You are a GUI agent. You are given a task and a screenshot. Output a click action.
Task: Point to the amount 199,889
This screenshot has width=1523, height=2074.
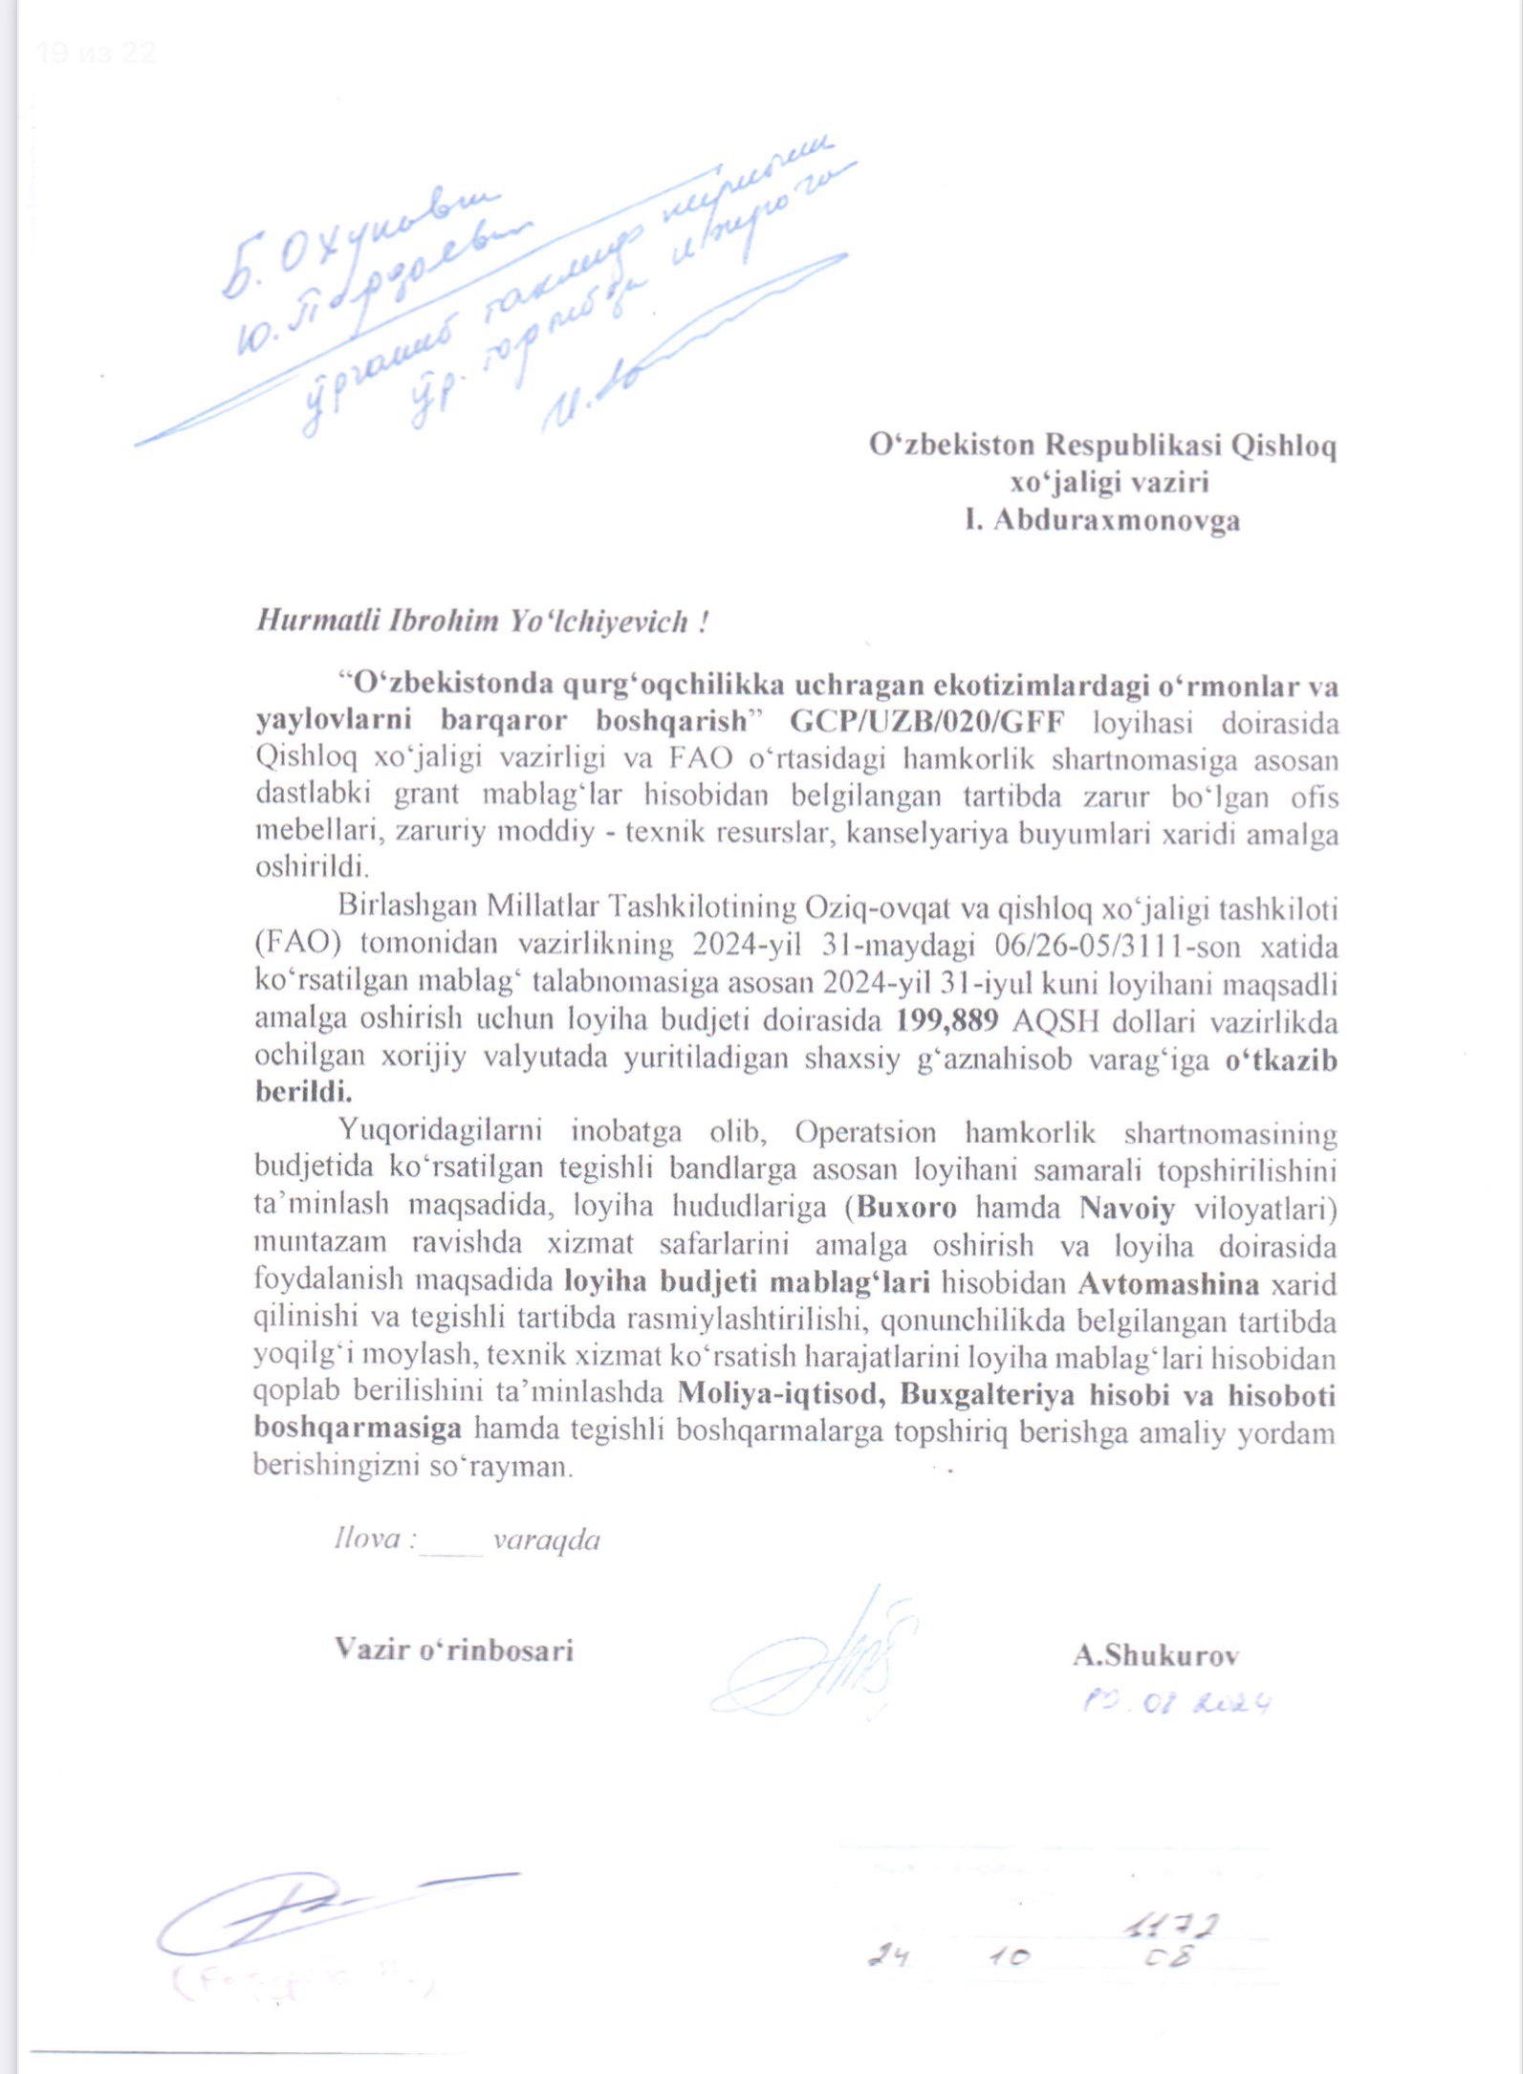pos(947,1021)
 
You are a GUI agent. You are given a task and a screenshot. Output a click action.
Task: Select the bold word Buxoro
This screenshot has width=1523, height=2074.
pos(906,1207)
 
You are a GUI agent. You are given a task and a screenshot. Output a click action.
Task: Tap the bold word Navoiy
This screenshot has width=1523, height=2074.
pos(1127,1207)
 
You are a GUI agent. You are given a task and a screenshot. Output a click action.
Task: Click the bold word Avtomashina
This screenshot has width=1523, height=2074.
pos(1168,1283)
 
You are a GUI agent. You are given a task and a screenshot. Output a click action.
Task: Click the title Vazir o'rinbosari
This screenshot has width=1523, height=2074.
pos(454,1649)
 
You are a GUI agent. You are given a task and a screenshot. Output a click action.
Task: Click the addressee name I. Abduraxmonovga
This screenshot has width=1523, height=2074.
pos(1102,520)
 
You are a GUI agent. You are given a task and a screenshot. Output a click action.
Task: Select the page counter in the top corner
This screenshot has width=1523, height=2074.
pos(96,54)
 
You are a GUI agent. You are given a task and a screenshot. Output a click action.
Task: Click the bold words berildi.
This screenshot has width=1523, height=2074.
pos(303,1091)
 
